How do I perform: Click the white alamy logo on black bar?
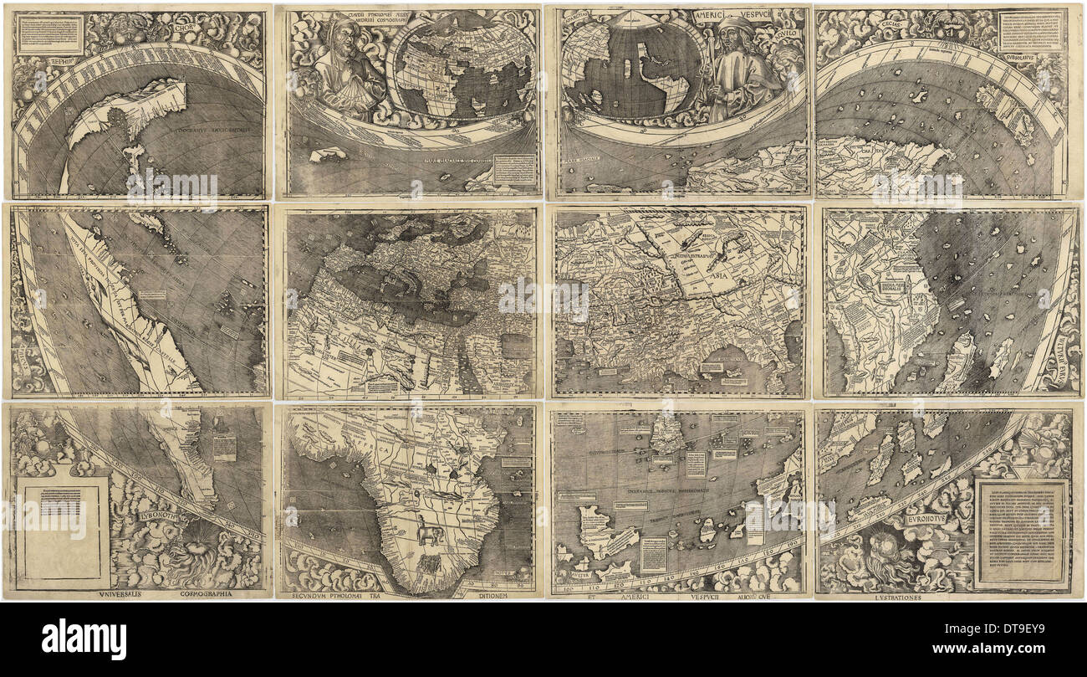click(84, 640)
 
